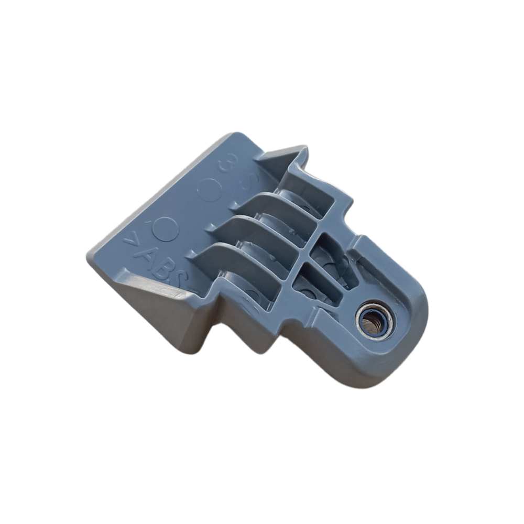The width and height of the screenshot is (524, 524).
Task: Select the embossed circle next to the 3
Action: [209, 190]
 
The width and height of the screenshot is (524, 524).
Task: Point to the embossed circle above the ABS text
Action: [168, 230]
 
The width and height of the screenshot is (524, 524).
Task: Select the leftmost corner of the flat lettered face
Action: [89, 257]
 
